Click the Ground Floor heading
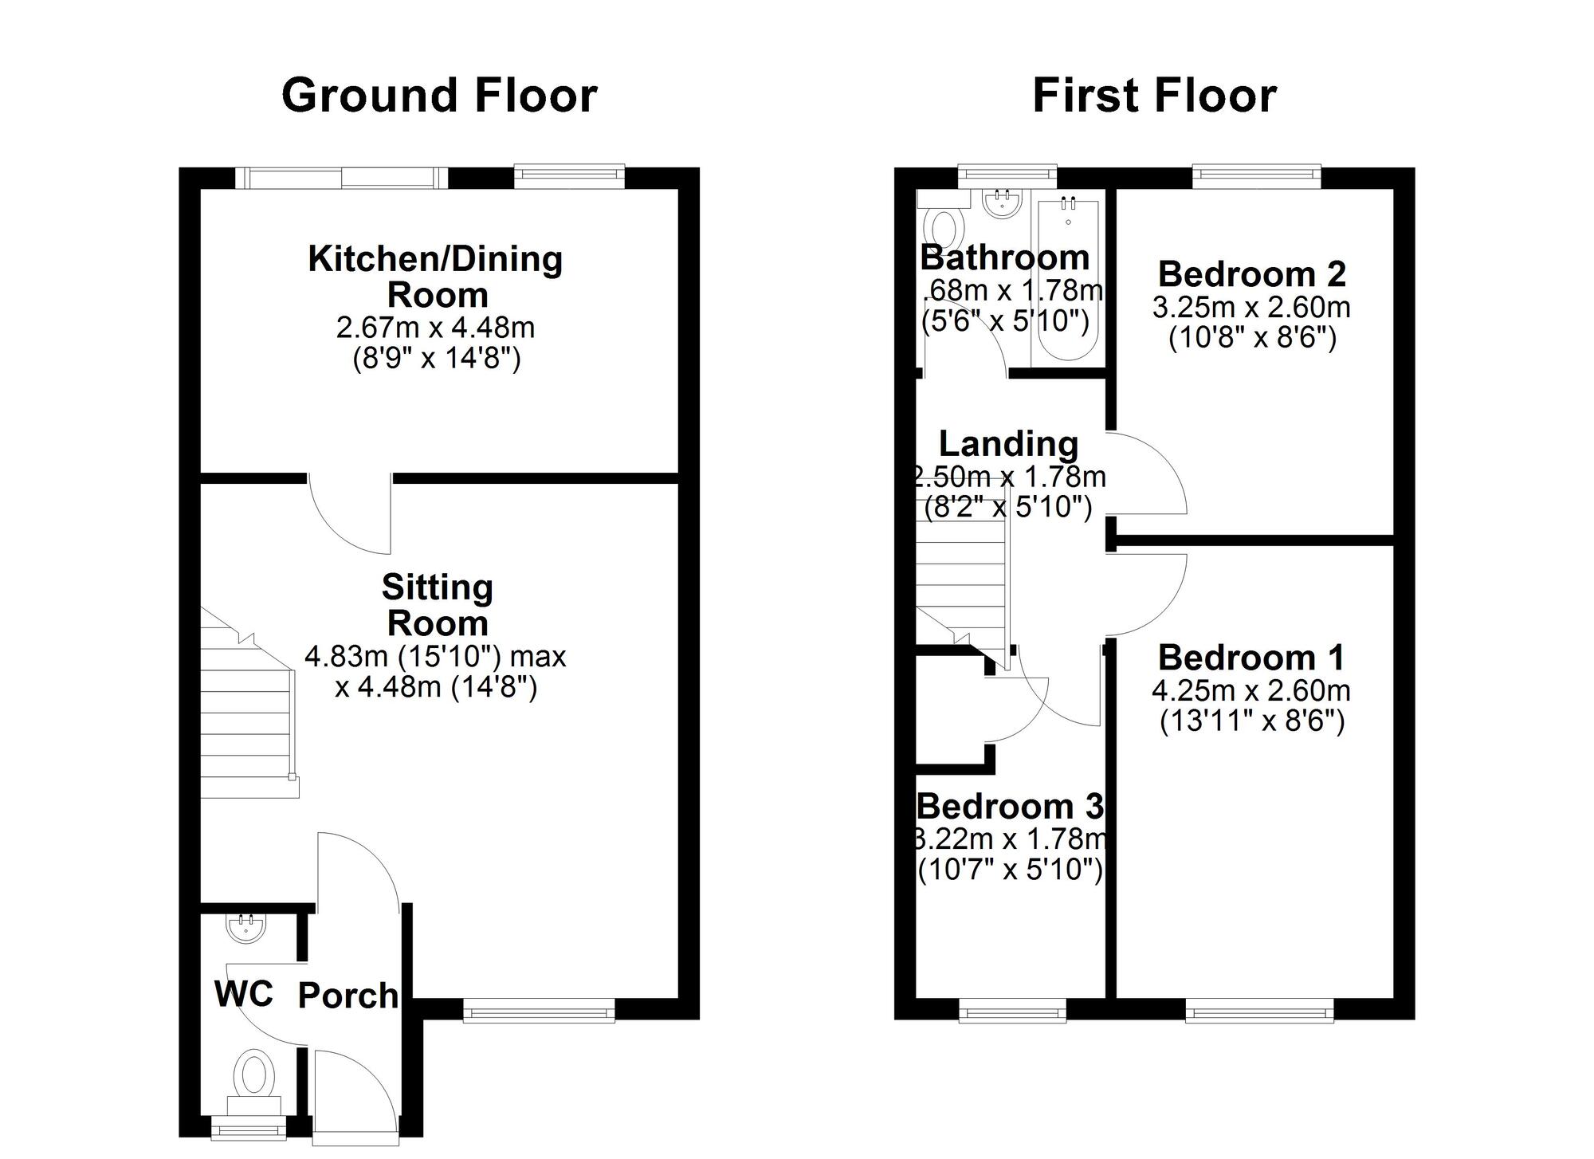[439, 96]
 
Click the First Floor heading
[1154, 96]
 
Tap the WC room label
[244, 994]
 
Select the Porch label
[347, 996]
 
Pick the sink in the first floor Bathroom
[1002, 203]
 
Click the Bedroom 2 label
[1251, 274]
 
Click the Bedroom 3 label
[1010, 807]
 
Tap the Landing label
[1008, 444]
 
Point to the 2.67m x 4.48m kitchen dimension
[436, 328]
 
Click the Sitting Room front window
[539, 1012]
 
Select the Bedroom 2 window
[1256, 172]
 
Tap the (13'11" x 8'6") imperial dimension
[1251, 721]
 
